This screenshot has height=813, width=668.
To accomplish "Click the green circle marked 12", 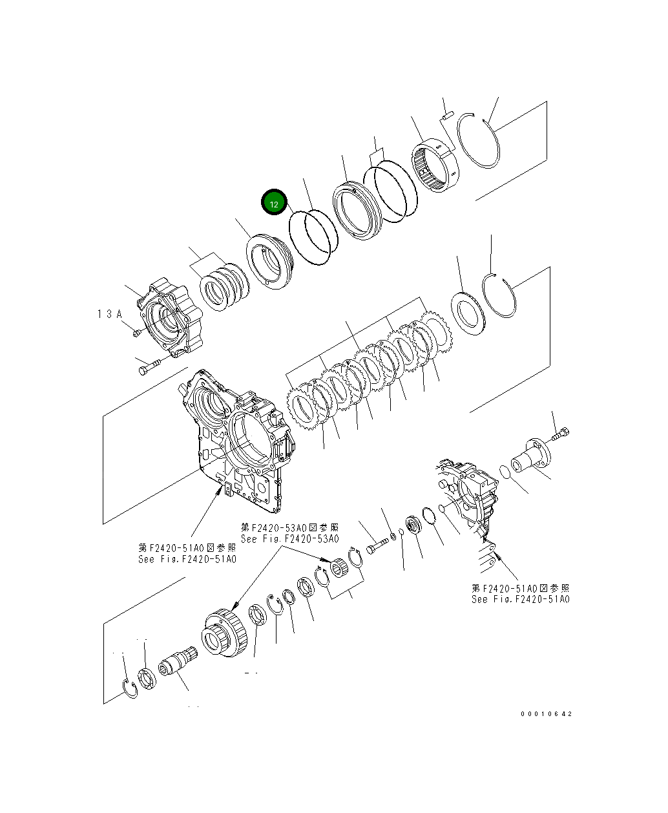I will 273,204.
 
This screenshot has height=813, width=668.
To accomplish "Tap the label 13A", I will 110,313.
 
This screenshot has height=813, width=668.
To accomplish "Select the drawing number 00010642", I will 546,714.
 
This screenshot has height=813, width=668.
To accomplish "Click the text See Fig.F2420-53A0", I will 289,538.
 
